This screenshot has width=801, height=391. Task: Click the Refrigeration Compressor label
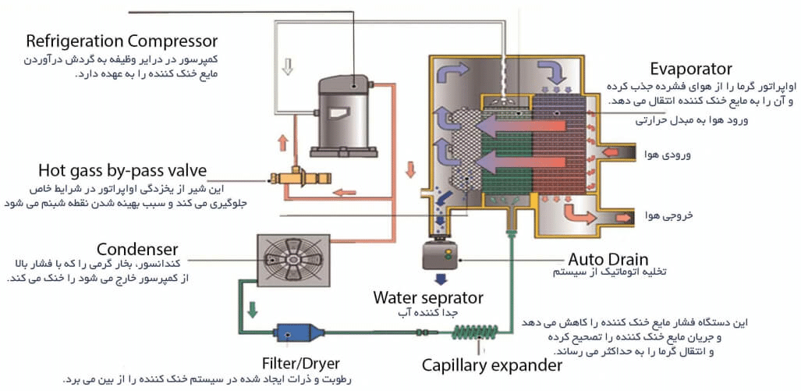tap(122, 41)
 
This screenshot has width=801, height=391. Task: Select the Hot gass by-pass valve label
tap(122, 170)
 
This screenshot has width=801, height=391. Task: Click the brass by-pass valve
tap(299, 179)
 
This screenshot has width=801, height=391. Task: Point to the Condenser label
tap(137, 250)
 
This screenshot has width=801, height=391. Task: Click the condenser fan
tap(293, 259)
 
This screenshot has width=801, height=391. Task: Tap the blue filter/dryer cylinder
tap(299, 333)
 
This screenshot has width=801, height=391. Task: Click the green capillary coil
tap(475, 332)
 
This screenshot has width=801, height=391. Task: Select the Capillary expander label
tap(492, 365)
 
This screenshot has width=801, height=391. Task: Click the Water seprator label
tap(428, 297)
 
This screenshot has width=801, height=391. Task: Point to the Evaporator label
tap(691, 69)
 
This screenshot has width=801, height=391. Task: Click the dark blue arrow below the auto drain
tap(441, 279)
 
